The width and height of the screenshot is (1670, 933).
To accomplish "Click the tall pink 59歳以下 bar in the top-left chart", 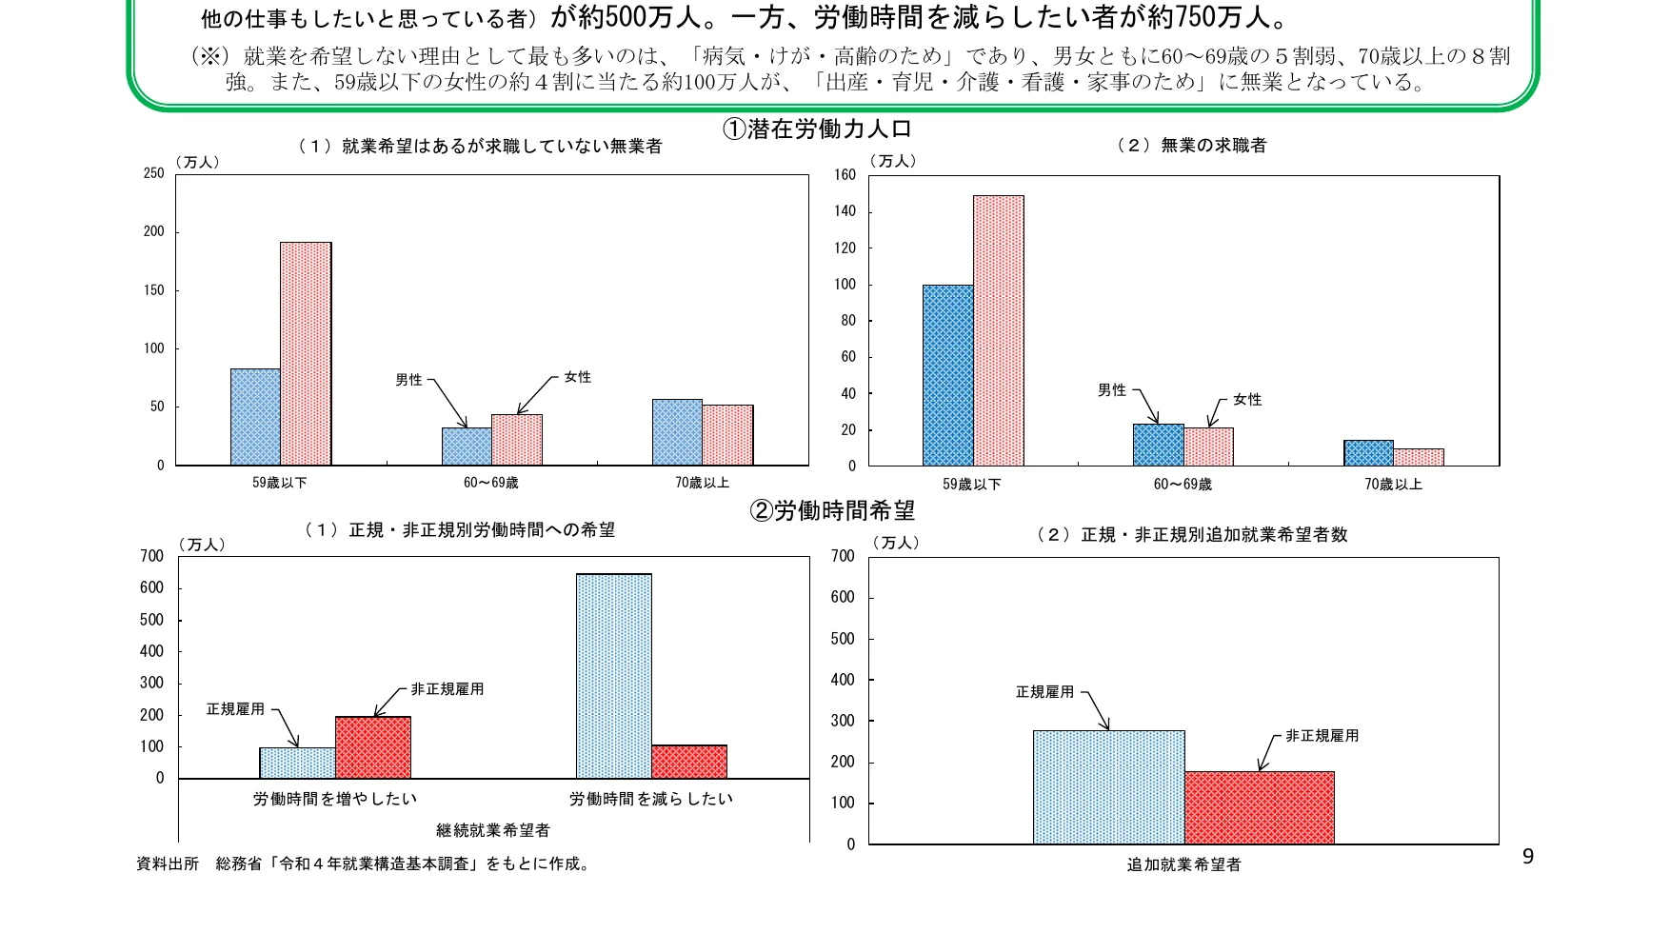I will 306,353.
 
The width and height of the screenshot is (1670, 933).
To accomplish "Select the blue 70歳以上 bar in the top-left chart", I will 677,432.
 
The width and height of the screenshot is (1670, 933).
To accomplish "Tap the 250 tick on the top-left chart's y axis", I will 153,173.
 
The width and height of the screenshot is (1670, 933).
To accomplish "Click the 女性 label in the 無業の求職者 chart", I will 1246,400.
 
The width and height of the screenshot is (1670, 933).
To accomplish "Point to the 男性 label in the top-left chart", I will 408,380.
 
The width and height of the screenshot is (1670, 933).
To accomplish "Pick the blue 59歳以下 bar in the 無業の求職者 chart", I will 947,375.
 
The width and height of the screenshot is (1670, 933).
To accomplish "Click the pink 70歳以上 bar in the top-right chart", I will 1419,457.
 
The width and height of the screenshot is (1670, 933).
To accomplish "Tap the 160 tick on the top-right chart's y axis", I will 845,174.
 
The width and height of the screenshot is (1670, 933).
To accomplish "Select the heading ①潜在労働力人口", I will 817,129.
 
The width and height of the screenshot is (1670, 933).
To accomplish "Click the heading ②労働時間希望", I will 832,511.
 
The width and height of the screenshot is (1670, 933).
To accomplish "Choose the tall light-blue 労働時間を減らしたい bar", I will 614,676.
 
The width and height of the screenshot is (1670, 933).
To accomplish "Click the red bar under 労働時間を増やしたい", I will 373,747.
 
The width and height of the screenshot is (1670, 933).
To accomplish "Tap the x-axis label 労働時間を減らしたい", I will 651,799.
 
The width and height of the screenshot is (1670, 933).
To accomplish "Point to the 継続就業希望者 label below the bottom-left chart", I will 493,830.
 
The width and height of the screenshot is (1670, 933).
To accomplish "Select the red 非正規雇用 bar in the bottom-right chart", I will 1259,807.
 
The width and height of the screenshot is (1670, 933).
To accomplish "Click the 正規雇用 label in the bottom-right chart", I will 1044,692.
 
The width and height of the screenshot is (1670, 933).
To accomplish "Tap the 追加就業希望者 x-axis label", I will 1183,864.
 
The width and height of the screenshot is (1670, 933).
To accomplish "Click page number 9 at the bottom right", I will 1527,857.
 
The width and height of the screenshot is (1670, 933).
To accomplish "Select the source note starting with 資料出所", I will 362,864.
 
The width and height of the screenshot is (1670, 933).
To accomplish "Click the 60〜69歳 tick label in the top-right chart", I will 1182,485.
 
